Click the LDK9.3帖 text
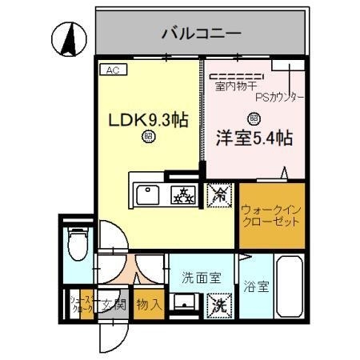(x=148, y=120)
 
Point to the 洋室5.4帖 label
(x=254, y=137)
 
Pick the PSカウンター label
(x=280, y=96)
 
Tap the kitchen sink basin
(x=150, y=194)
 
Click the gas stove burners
(x=185, y=194)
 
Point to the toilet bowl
(x=77, y=243)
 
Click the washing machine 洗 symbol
(x=218, y=305)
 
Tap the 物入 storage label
(x=149, y=305)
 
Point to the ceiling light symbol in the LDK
(x=148, y=137)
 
